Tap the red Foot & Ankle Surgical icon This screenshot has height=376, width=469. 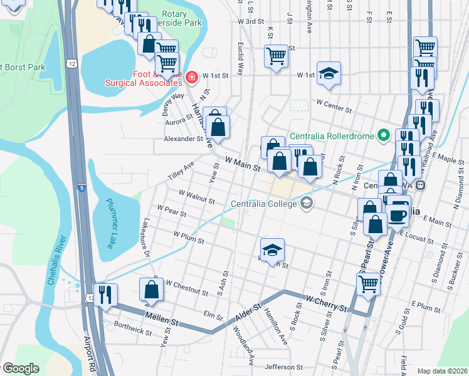[x=192, y=78]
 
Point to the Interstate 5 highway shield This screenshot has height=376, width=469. [x=82, y=187]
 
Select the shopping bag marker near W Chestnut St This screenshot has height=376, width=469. [x=151, y=290]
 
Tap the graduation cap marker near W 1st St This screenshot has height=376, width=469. [x=329, y=73]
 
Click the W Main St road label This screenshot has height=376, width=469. [x=239, y=165]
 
